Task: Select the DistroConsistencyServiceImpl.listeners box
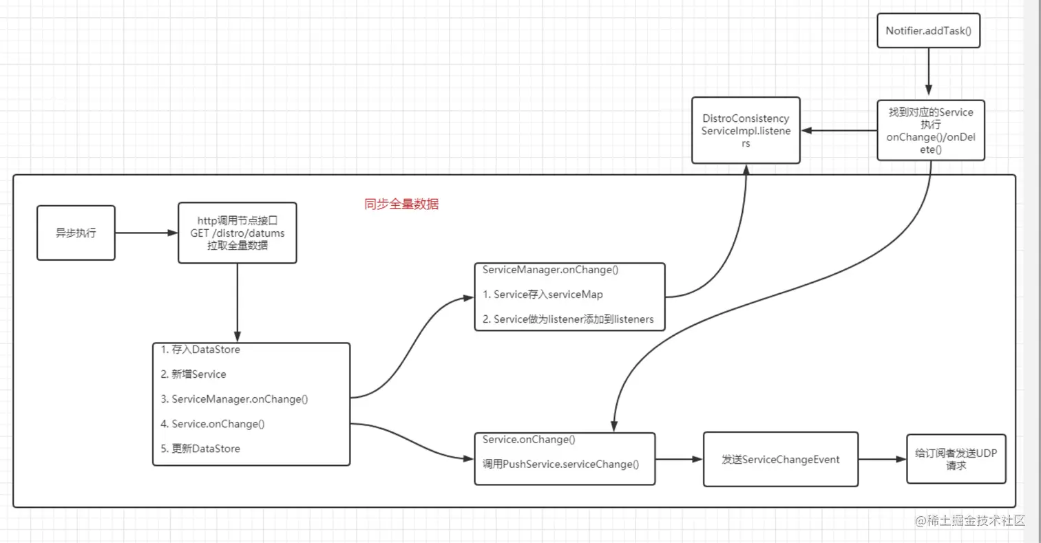(x=746, y=131)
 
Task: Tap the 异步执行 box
(x=76, y=233)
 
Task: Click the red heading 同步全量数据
(x=401, y=204)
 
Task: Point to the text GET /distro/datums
(x=237, y=233)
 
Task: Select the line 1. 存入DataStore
(x=200, y=350)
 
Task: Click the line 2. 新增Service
(x=193, y=374)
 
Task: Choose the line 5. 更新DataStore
(x=200, y=449)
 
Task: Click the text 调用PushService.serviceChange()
(x=560, y=465)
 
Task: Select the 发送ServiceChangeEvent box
(x=780, y=459)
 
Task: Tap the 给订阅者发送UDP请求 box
(x=956, y=459)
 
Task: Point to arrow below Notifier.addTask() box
(x=928, y=73)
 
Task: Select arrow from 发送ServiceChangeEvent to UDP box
(x=882, y=459)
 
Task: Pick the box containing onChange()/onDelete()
(x=930, y=131)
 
